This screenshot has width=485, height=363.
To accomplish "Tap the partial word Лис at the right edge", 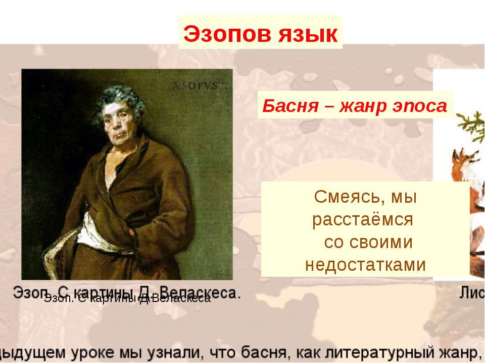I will pyautogui.click(x=472, y=293).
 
